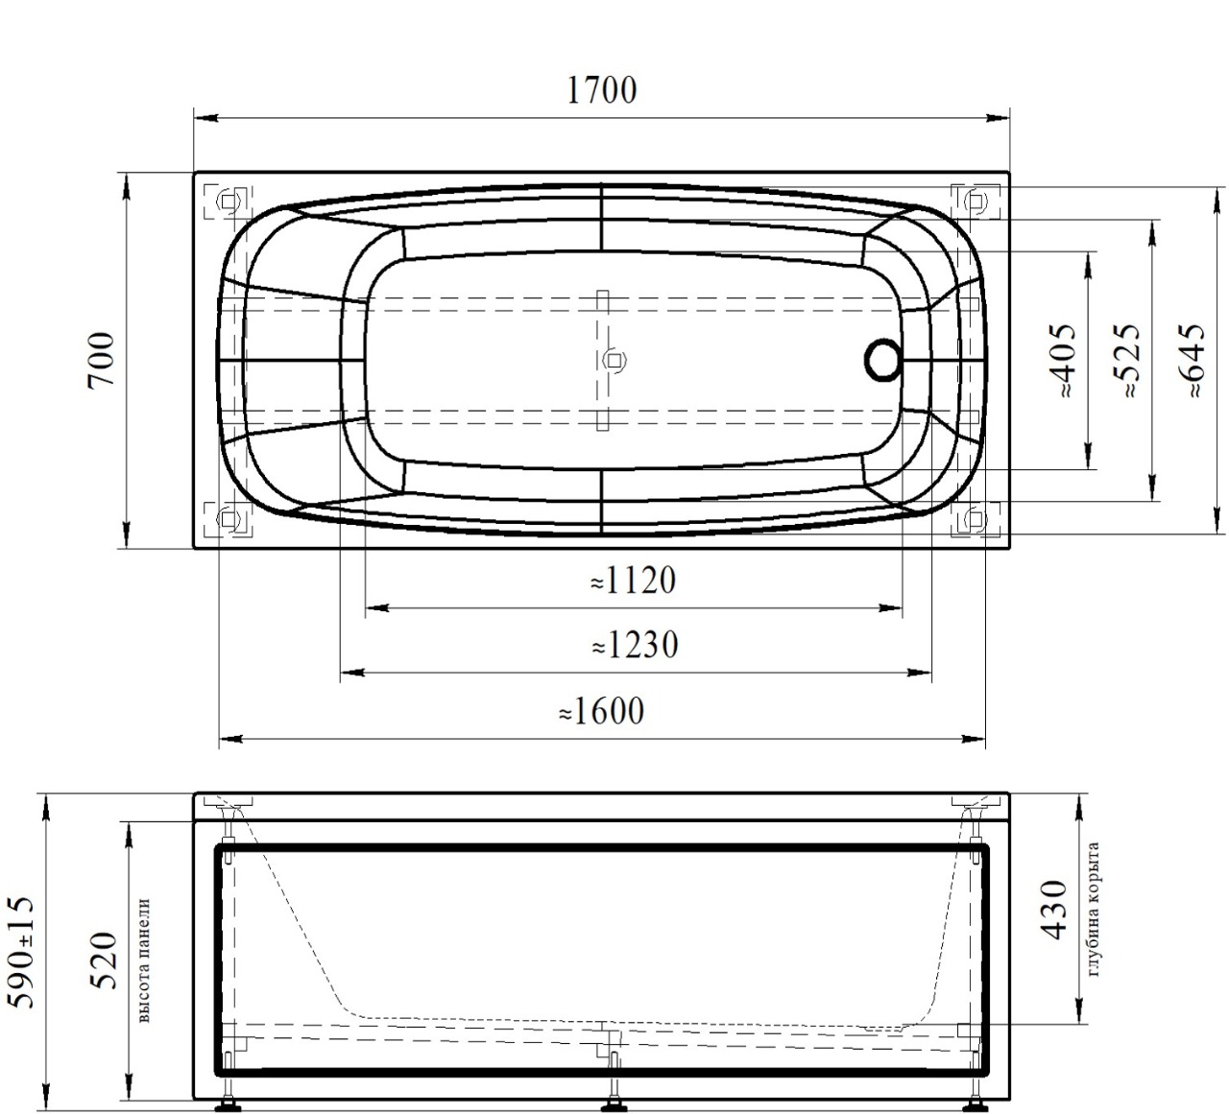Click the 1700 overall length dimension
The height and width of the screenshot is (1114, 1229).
(x=601, y=90)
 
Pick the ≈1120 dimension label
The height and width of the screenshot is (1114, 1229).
(x=633, y=580)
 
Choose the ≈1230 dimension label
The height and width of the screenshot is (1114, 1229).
(x=635, y=645)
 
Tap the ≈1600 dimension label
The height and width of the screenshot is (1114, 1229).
(x=601, y=711)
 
